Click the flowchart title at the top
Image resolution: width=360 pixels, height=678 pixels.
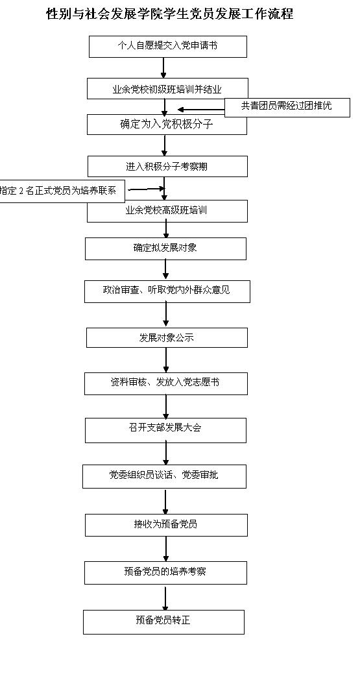coord(169,14)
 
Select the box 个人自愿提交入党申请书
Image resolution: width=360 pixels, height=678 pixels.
coord(168,47)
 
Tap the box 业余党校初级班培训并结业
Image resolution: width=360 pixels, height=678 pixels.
coord(167,89)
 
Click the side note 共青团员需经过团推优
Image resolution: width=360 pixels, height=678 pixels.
coord(287,107)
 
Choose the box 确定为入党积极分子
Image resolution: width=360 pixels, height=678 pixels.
coord(167,125)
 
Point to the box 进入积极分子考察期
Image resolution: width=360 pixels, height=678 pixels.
coord(168,167)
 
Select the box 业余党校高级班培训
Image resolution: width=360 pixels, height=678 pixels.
coord(167,211)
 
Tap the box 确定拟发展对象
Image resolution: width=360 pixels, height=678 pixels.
coord(165,248)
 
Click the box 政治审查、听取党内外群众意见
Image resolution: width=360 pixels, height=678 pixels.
coord(167,291)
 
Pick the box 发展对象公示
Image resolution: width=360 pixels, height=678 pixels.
coord(167,338)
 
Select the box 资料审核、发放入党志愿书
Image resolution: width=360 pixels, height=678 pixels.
coord(166,383)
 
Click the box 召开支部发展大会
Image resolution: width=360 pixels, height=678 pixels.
coord(165,430)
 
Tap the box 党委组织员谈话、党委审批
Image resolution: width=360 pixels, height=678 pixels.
coord(164,476)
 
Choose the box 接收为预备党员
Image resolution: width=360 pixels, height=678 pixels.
coord(167,525)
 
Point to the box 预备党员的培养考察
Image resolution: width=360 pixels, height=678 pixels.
coord(165,573)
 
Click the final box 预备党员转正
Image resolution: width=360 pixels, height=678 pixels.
coord(164,622)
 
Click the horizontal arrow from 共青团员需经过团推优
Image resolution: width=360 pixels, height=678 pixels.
coord(201,110)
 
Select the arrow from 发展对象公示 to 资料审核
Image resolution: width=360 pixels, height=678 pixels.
coord(166,360)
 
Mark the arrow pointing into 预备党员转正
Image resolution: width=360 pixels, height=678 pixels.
coord(165,597)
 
